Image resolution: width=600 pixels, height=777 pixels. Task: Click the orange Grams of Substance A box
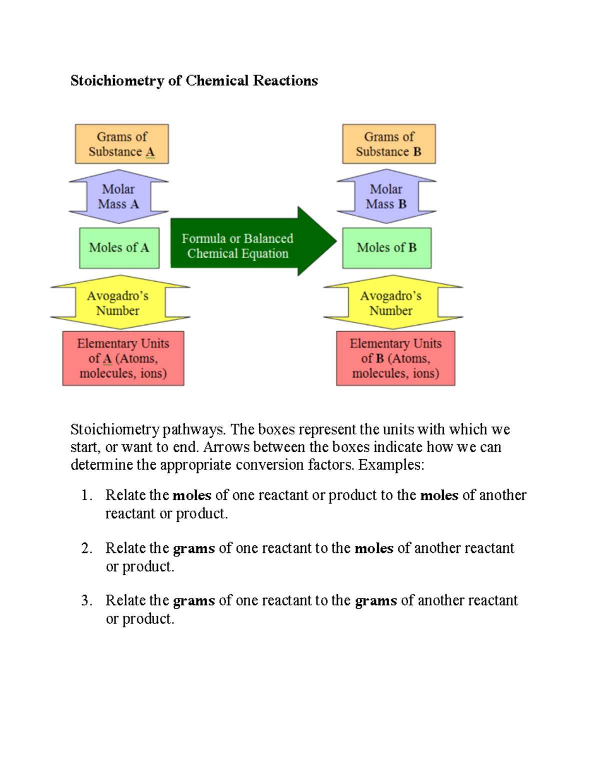pos(121,144)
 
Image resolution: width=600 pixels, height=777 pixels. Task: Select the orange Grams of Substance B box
pos(388,144)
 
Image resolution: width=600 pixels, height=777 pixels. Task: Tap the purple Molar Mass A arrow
pos(118,197)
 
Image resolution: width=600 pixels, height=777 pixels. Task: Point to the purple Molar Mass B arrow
pos(386,197)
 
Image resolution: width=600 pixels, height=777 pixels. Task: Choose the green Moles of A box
pos(119,248)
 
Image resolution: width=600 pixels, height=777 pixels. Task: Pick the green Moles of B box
pos(386,248)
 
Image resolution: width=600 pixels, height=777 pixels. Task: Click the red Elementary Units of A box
pos(123,358)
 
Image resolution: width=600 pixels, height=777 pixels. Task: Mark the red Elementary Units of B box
pos(395,358)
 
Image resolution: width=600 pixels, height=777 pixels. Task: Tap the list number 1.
pos(86,495)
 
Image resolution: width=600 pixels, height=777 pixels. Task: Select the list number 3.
pos(86,600)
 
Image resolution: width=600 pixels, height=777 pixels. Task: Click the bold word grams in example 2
pos(194,549)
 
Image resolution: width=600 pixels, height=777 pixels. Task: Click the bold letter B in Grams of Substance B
pos(417,152)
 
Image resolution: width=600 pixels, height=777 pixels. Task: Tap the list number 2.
pos(86,548)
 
